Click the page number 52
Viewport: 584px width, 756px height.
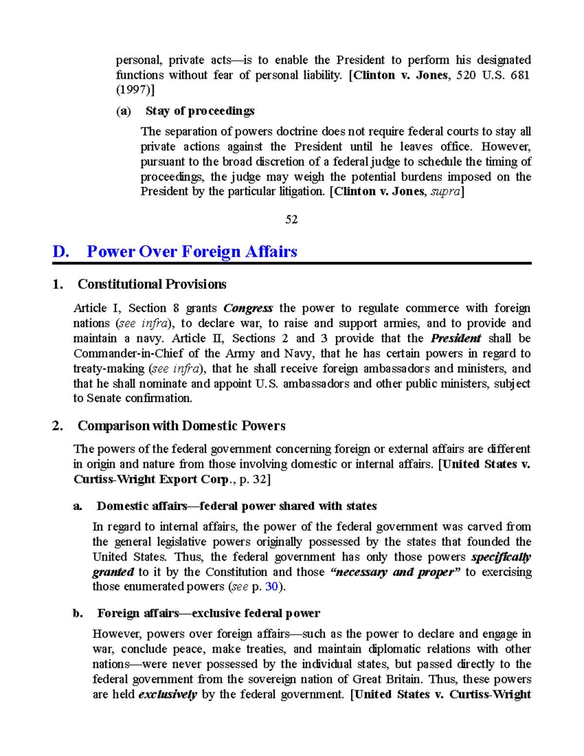point(292,220)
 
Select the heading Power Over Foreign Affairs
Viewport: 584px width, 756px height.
point(192,252)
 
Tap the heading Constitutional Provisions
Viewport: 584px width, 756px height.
point(152,284)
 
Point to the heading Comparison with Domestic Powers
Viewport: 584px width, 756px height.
point(181,426)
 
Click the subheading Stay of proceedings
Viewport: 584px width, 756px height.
point(200,111)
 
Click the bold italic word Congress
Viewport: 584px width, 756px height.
point(248,308)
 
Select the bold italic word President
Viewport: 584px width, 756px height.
point(456,338)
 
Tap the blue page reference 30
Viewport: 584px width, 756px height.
point(271,587)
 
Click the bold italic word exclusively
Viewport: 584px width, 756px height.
point(167,695)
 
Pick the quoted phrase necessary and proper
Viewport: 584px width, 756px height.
point(395,572)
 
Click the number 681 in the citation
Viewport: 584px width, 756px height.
point(519,75)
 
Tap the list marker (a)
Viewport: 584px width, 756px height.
point(124,111)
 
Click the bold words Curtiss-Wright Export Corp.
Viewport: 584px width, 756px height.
point(151,479)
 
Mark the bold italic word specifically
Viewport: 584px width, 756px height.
point(501,557)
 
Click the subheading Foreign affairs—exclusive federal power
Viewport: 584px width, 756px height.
point(208,613)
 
